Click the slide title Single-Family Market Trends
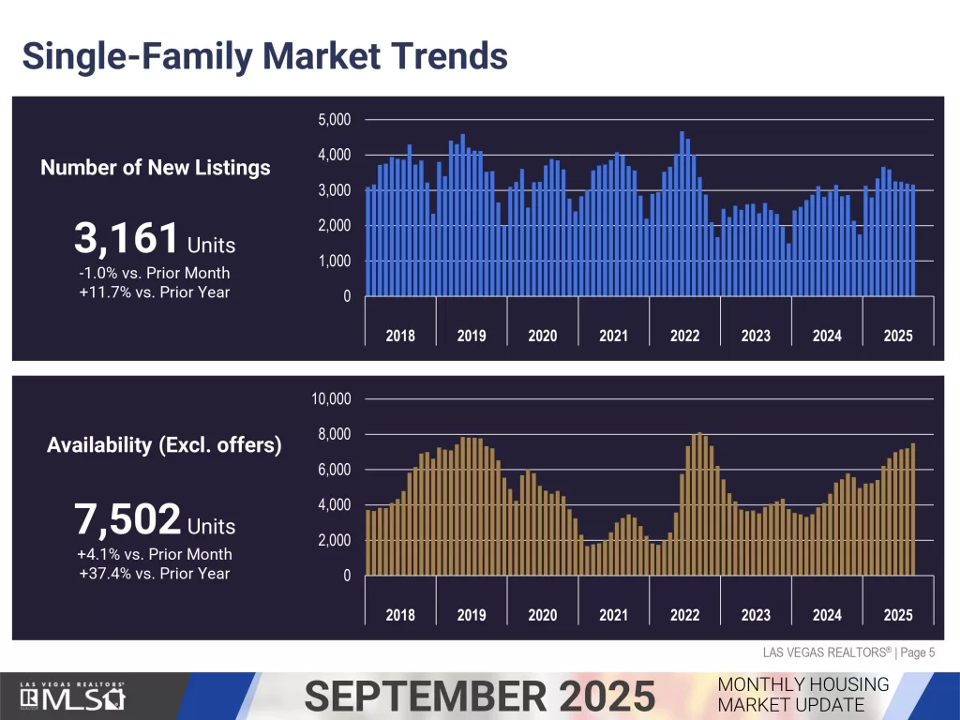pos(264,55)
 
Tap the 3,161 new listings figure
pos(127,239)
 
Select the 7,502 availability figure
pos(127,518)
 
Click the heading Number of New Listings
pos(155,168)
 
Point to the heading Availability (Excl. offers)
pos(164,445)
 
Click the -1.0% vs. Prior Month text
pos(155,273)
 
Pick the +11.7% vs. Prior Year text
pos(155,292)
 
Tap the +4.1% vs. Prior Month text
pos(155,554)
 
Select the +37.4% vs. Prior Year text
pos(155,573)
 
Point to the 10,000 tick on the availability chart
pos(330,399)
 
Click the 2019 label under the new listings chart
pos(472,336)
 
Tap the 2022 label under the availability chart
pos(684,615)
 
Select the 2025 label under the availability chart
pos(898,615)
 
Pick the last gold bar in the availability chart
pos(913,510)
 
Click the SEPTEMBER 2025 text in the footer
pos(480,697)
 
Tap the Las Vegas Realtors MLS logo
pos(73,697)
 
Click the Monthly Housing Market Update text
pos(803,695)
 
